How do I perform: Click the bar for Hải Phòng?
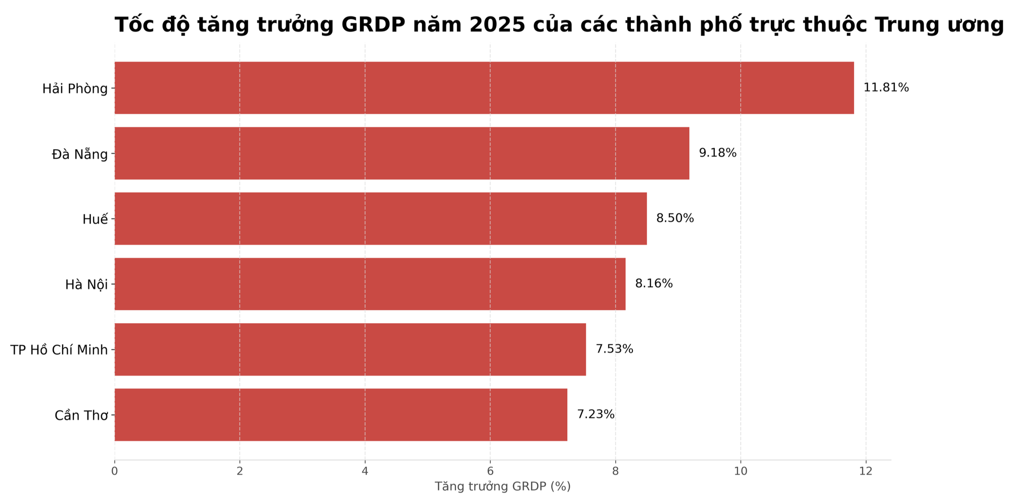point(484,88)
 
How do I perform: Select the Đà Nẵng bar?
point(402,153)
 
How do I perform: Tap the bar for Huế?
point(381,218)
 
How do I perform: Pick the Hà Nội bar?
point(370,284)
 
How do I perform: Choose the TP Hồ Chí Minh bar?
point(350,349)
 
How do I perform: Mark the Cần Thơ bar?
point(341,415)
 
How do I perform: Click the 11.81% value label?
point(886,88)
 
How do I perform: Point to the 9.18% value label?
point(717,153)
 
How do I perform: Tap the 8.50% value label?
point(675,218)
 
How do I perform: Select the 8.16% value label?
point(654,284)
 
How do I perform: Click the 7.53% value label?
point(614,349)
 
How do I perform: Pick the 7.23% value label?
point(595,415)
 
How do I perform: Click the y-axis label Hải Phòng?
point(75,89)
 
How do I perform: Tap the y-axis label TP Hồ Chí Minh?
point(59,350)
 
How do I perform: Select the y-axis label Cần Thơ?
point(81,416)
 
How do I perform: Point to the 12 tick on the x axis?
point(865,471)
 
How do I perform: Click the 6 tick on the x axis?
point(490,471)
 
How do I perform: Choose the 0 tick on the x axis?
point(115,471)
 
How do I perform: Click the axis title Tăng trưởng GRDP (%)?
point(502,487)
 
